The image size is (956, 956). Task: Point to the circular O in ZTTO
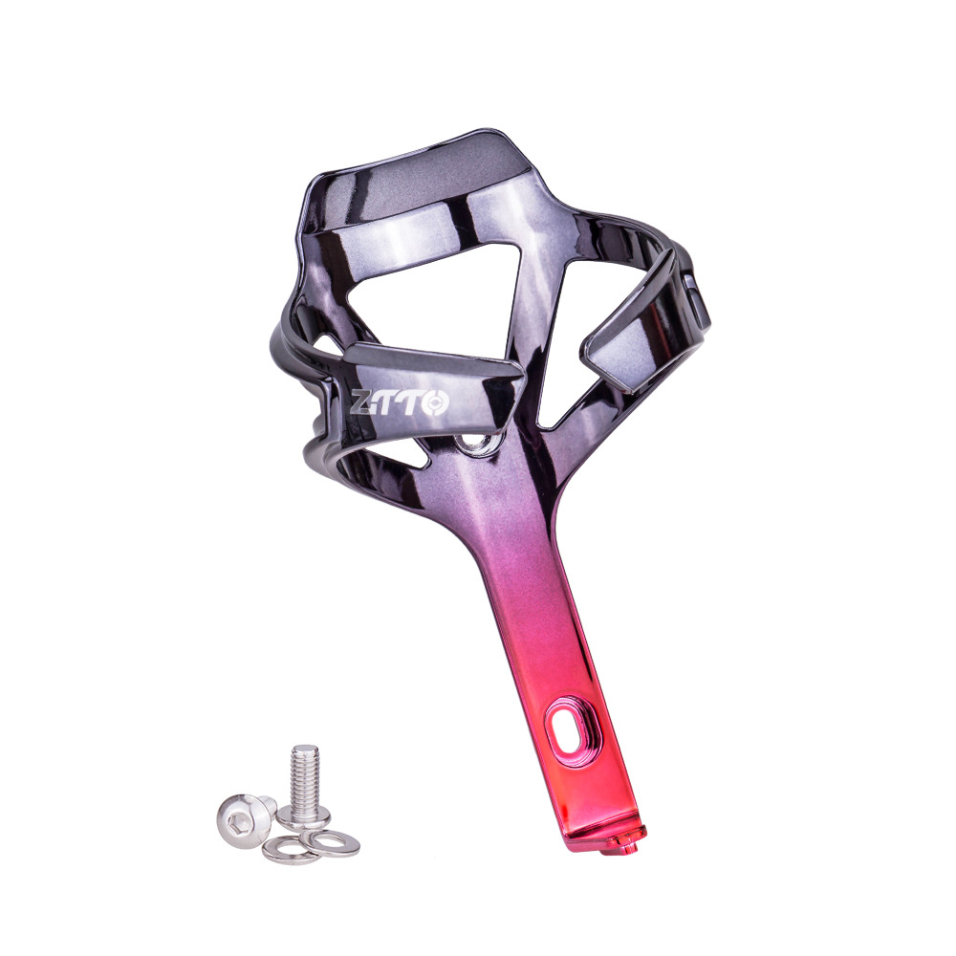[x=436, y=403]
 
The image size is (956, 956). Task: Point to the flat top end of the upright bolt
[x=305, y=750]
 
